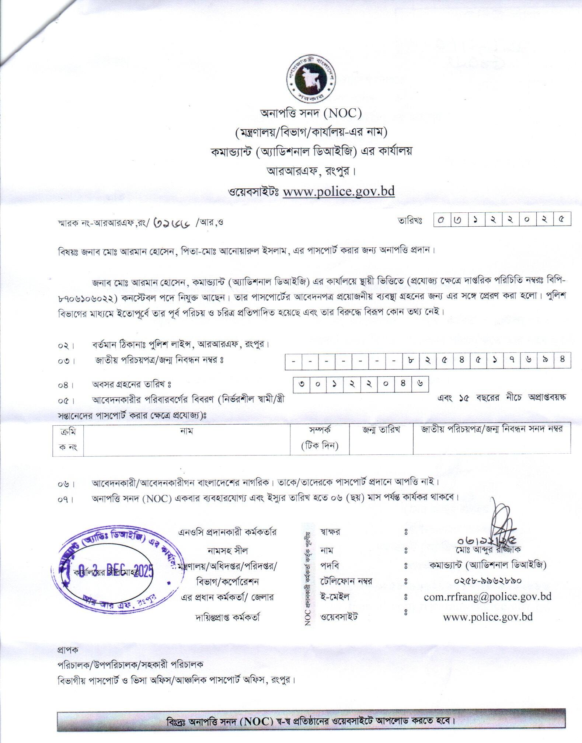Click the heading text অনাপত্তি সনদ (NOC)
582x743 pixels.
coord(311,113)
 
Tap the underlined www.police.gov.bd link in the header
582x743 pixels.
coord(338,191)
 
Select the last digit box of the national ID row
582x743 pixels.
coord(562,360)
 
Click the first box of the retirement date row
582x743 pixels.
coord(302,384)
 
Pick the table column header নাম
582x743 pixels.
coord(187,430)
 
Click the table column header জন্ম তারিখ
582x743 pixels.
coord(381,430)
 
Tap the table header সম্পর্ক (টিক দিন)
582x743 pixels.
coord(320,437)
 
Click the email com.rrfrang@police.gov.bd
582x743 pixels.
coord(487,596)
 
